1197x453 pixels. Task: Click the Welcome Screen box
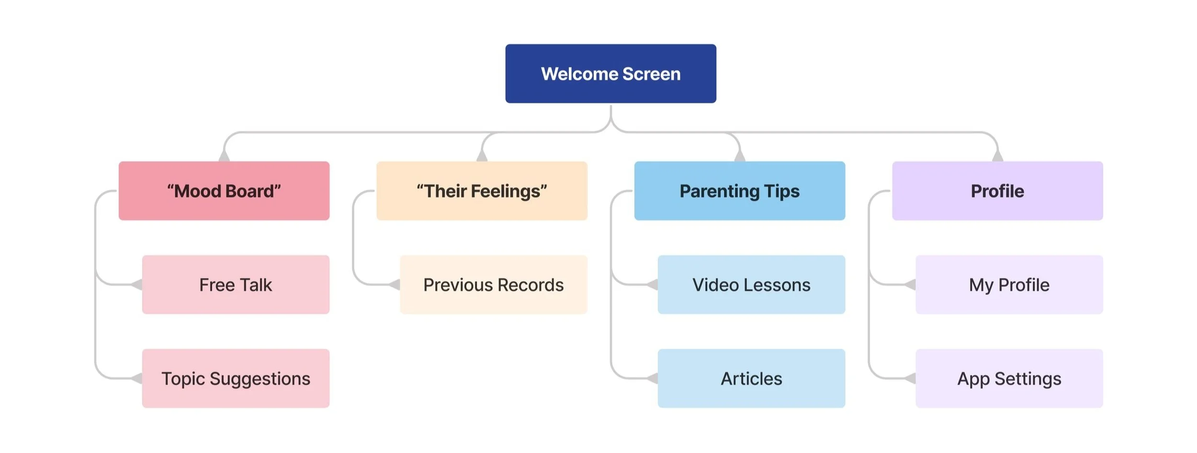tap(610, 74)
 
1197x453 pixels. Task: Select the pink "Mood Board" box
tap(224, 191)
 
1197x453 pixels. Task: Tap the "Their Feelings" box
tap(482, 191)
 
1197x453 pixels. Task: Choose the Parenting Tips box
tap(739, 191)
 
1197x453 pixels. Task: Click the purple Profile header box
tap(997, 191)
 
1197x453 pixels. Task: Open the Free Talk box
tap(236, 284)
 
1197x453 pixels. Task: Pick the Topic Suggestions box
tap(236, 378)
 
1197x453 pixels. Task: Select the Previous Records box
tap(493, 284)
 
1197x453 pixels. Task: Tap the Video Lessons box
tap(751, 284)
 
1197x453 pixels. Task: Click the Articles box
tap(751, 378)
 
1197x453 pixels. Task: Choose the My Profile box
tap(1009, 284)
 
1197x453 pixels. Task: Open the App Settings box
tap(1009, 378)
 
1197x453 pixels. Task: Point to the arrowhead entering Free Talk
tap(137, 285)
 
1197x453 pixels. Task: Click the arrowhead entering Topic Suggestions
tap(137, 379)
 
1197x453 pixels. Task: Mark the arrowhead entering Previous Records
tap(395, 285)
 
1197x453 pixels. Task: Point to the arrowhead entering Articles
tap(653, 379)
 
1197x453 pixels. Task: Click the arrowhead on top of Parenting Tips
tap(740, 156)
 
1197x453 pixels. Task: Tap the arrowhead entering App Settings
tap(911, 379)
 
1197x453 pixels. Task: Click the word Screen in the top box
tap(651, 74)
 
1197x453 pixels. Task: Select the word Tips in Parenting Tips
tap(782, 191)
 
